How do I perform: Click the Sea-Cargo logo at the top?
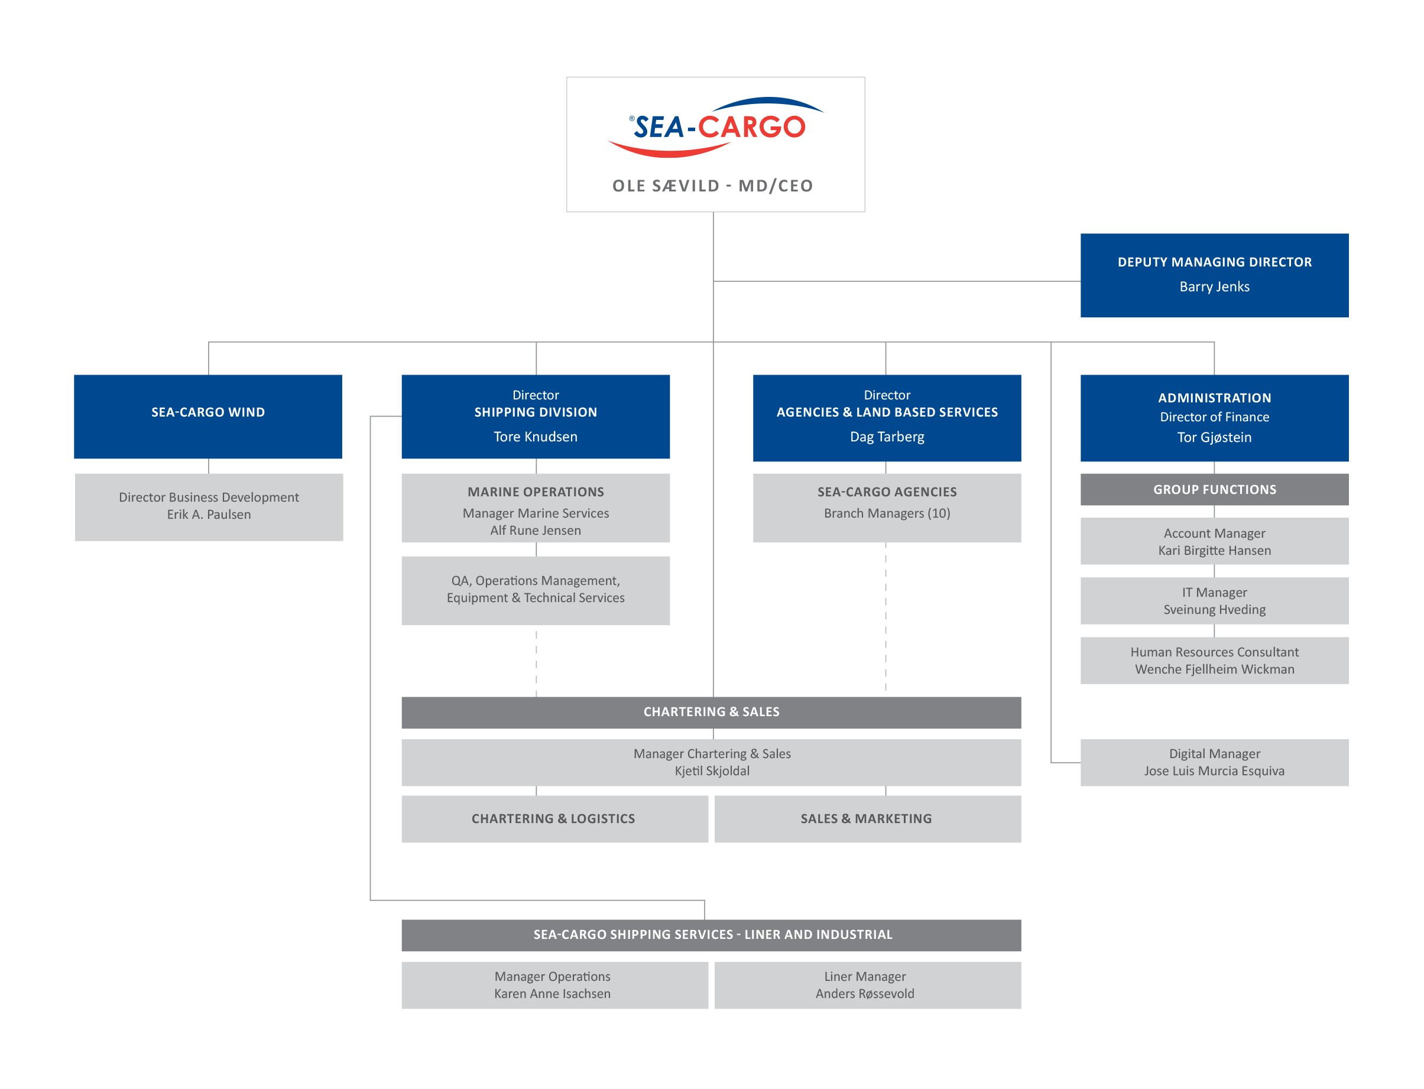coord(715,127)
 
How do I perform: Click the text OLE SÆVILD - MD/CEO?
coord(713,186)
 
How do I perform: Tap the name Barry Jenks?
coord(1214,287)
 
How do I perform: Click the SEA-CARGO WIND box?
coord(207,416)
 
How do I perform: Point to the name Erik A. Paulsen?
coord(209,515)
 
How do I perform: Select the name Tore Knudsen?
coord(536,437)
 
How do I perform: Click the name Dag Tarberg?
coord(887,437)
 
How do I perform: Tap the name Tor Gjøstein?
coord(1214,437)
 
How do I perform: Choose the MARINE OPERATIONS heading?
coord(536,492)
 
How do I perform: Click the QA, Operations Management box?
coord(536,590)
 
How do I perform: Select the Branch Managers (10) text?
coord(887,513)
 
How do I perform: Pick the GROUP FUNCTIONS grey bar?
coord(1214,489)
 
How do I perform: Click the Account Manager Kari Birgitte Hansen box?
coord(1214,541)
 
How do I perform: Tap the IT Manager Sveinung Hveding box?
coord(1214,601)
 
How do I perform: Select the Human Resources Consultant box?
coord(1214,661)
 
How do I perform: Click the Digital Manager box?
coord(1214,762)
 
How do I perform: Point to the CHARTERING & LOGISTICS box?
coord(553,819)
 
